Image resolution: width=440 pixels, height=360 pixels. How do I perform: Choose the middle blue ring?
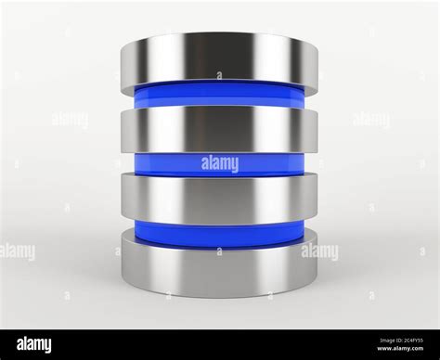tap(167, 164)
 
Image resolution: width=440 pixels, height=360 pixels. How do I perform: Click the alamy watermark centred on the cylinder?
tap(219, 164)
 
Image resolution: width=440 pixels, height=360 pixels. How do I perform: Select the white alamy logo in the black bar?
tap(32, 344)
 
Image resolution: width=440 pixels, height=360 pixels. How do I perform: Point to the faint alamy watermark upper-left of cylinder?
tap(69, 119)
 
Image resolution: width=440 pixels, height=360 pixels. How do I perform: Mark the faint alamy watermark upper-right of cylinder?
tap(370, 119)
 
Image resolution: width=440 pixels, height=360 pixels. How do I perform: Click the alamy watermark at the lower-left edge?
tap(17, 251)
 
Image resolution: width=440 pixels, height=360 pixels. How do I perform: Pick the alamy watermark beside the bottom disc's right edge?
tap(320, 251)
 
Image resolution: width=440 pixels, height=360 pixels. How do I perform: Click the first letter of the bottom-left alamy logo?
tap(10, 345)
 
